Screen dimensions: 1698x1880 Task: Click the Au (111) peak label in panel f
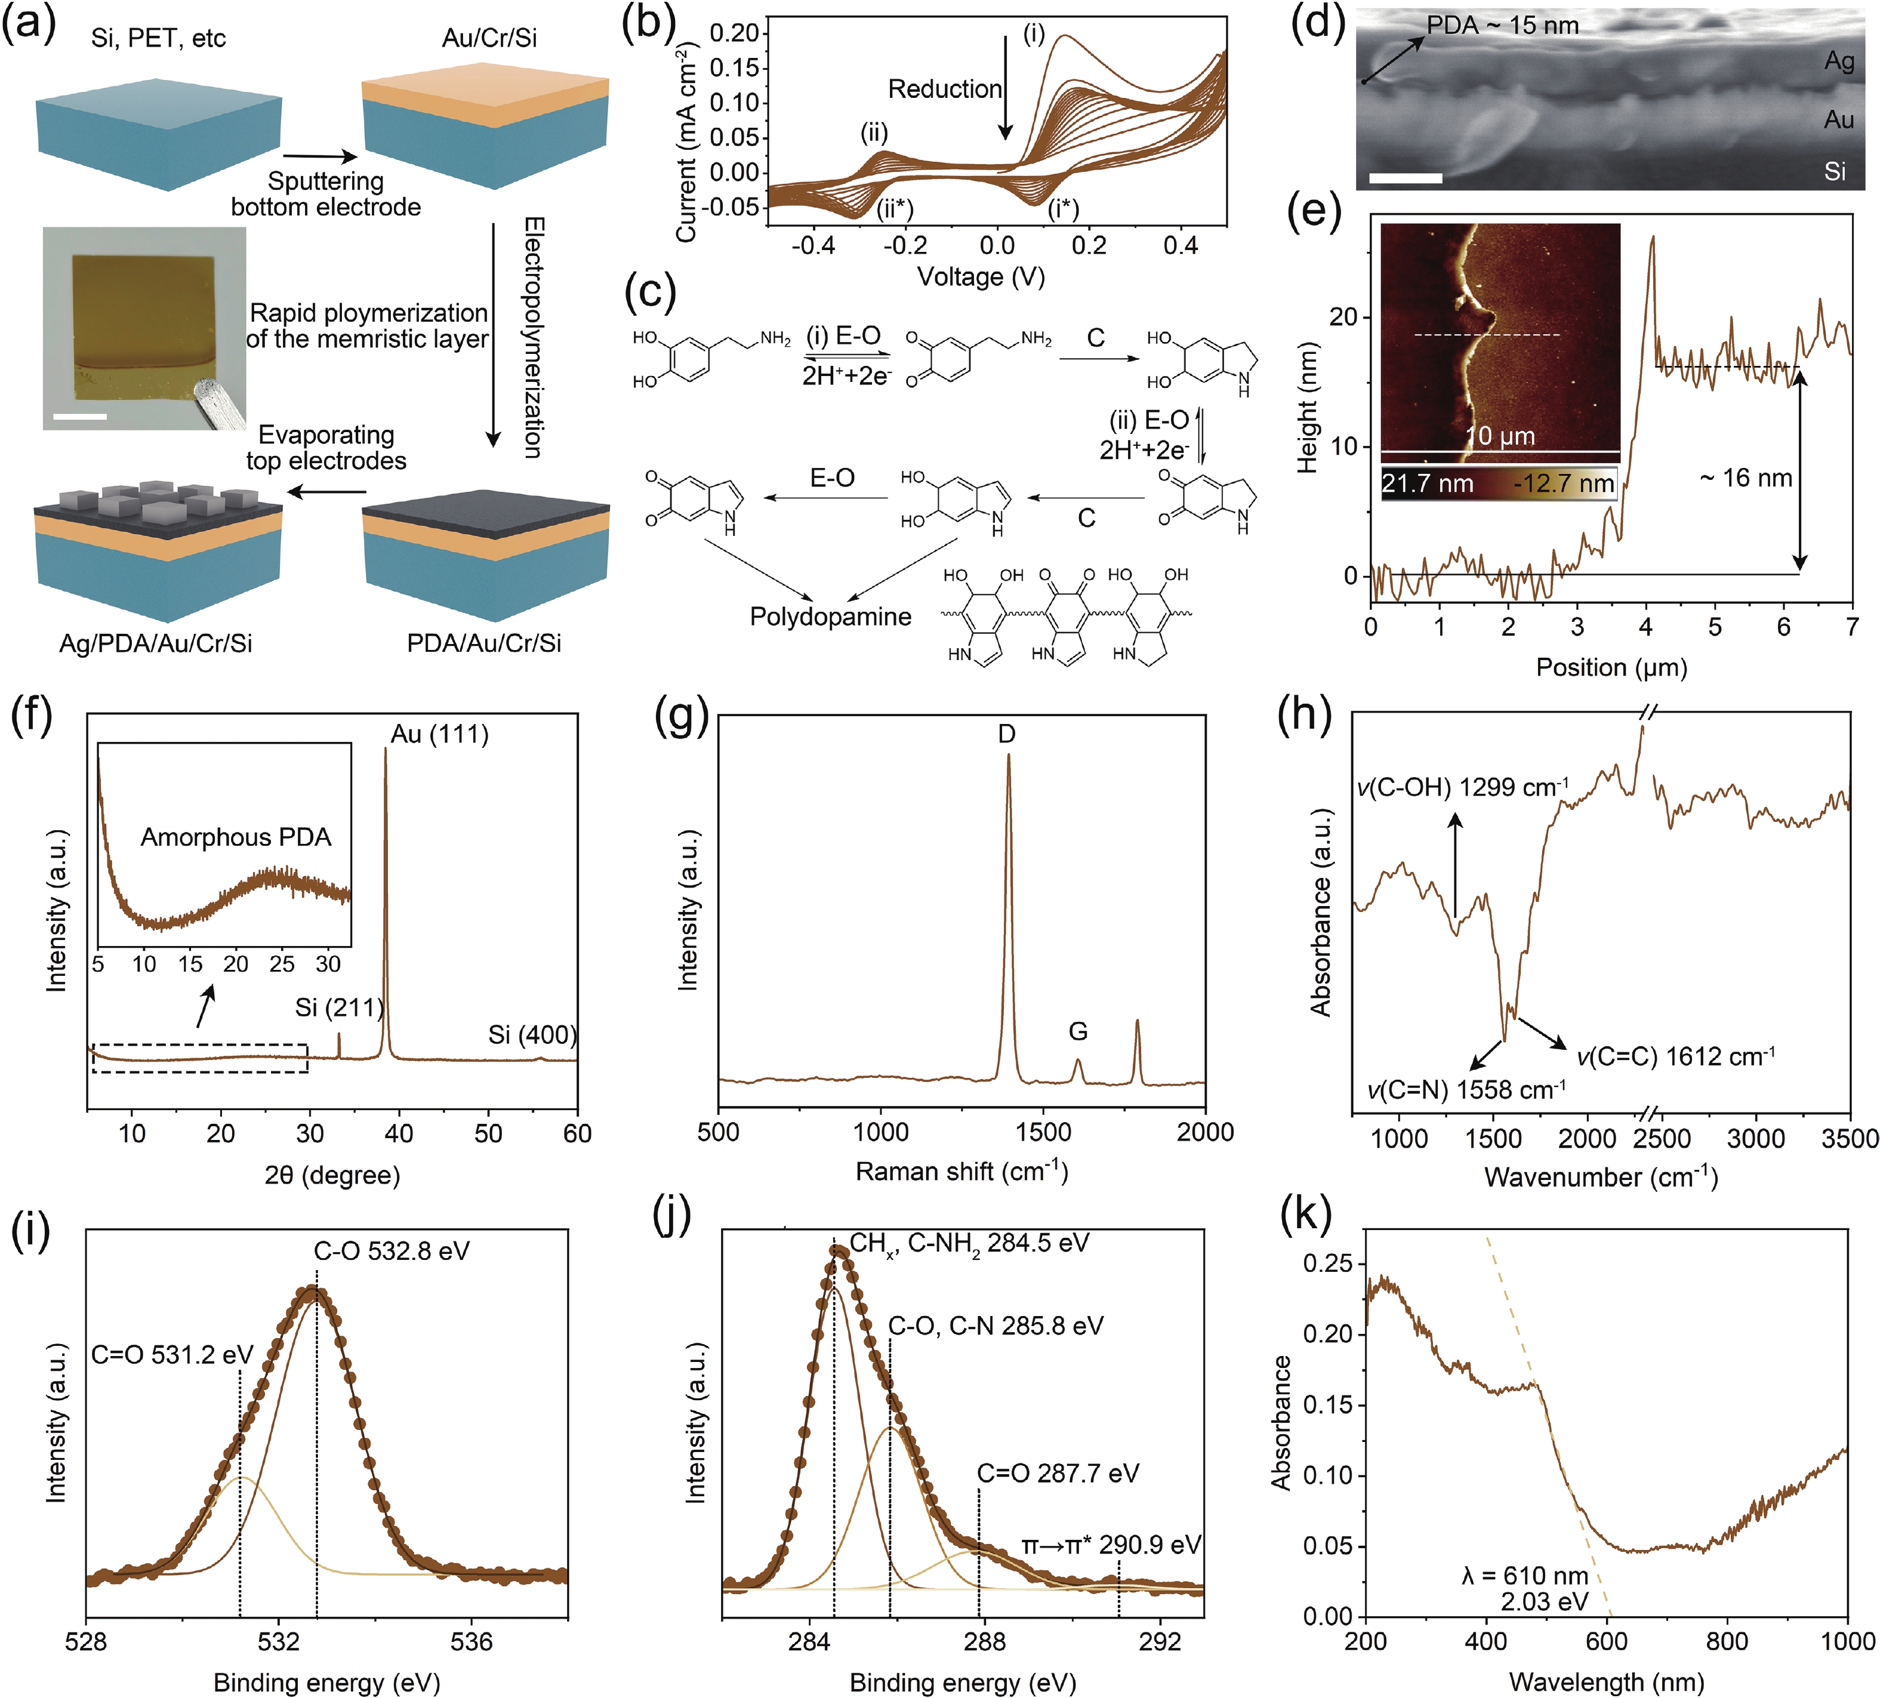pyautogui.click(x=439, y=735)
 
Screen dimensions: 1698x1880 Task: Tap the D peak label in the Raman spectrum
pyautogui.click(x=1006, y=735)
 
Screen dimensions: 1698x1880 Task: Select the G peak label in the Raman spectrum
pyautogui.click(x=1078, y=1031)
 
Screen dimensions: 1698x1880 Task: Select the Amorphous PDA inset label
pyautogui.click(x=236, y=837)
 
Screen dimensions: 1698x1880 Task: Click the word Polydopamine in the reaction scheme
pyautogui.click(x=830, y=617)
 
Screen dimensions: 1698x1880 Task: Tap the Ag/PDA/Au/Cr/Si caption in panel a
pyautogui.click(x=156, y=643)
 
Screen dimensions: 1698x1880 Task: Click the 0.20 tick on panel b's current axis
pyautogui.click(x=735, y=33)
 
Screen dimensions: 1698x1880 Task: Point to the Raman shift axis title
pyautogui.click(x=961, y=1171)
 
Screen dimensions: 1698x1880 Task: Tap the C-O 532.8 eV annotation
pyautogui.click(x=392, y=1252)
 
